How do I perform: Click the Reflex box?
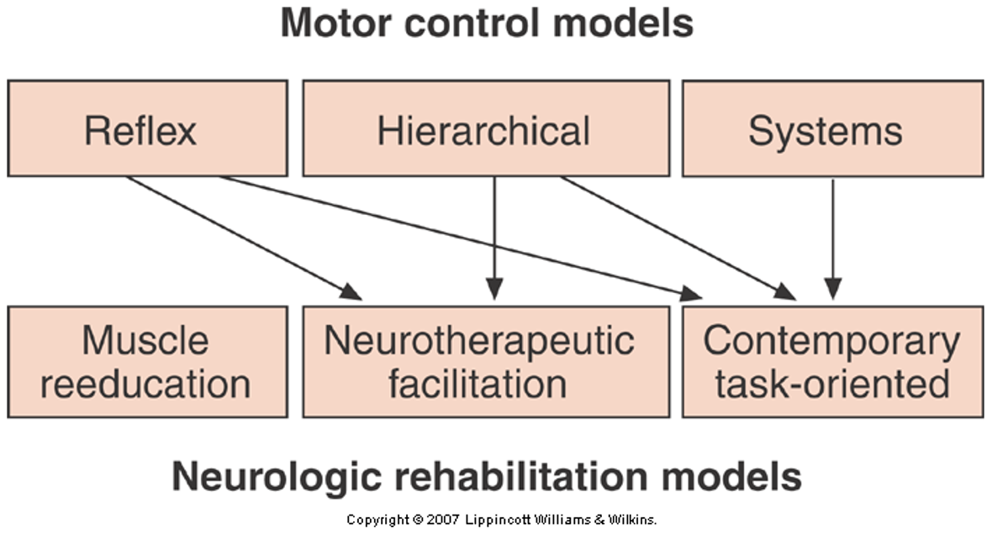coord(147,128)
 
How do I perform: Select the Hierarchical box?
coord(486,128)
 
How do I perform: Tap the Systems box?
coord(832,128)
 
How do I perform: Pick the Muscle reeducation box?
coord(147,361)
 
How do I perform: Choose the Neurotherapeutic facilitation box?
coord(486,361)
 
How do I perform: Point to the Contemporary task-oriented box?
coord(832,361)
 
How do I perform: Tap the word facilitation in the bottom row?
coord(477,384)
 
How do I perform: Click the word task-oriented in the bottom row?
coord(832,384)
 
